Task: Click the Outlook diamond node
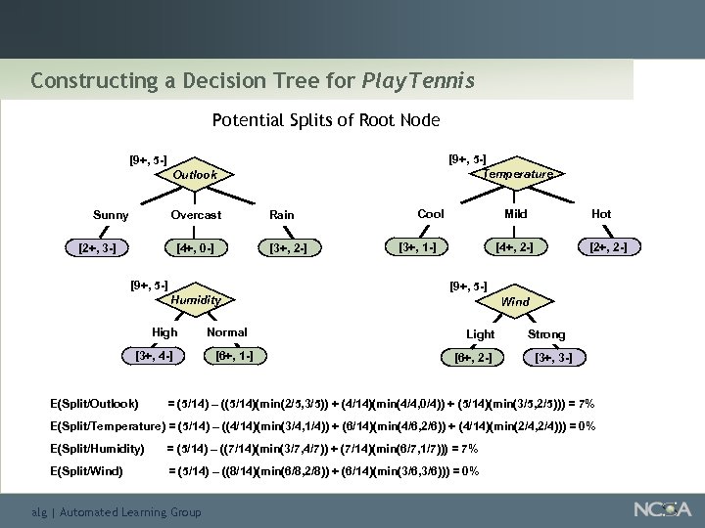click(x=195, y=175)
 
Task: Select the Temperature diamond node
click(x=517, y=173)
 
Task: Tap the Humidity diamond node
click(x=195, y=300)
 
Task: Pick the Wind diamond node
click(x=515, y=301)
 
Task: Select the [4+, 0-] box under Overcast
click(x=196, y=247)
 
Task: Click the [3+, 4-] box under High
click(x=152, y=355)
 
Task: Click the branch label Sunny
click(x=111, y=214)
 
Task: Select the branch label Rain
click(x=282, y=215)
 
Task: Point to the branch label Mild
click(x=516, y=214)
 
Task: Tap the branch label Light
click(x=480, y=334)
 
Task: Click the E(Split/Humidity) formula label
click(x=97, y=449)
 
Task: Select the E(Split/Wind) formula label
click(x=86, y=471)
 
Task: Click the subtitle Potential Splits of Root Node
click(x=325, y=121)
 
